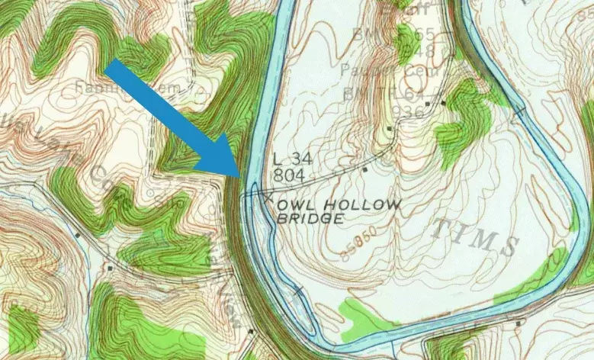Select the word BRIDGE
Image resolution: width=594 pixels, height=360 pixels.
(x=310, y=218)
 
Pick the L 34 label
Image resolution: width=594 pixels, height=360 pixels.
(x=288, y=159)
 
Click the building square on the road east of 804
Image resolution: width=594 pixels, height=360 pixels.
(x=365, y=169)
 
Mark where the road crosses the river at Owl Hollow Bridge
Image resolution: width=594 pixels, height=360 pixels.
(x=252, y=188)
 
